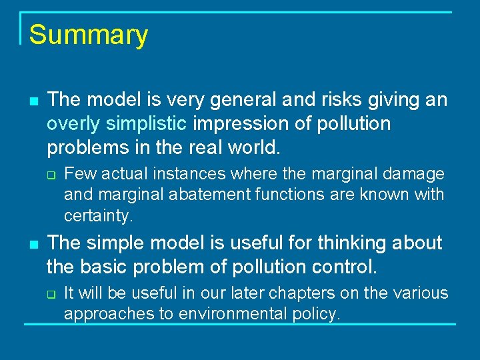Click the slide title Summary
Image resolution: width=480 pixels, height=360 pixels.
click(x=88, y=35)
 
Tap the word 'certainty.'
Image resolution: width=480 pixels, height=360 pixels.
click(x=99, y=216)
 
